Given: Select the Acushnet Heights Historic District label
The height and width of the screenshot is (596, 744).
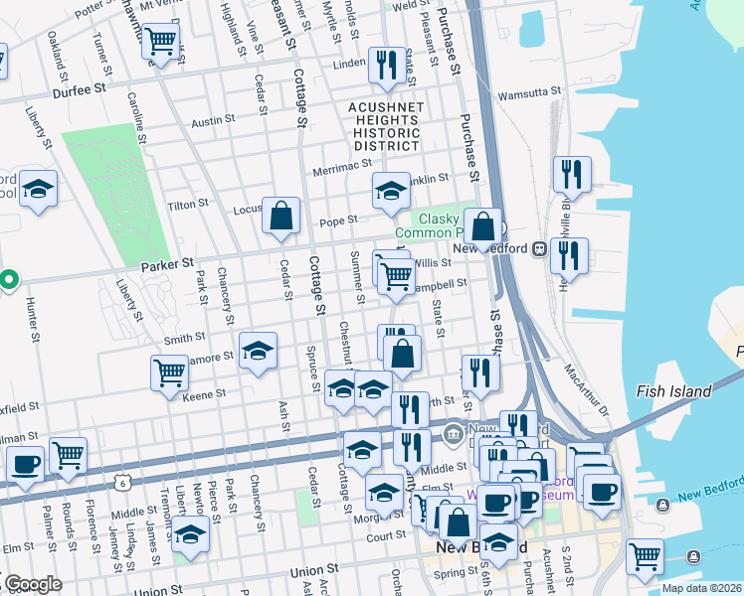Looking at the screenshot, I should (x=387, y=126).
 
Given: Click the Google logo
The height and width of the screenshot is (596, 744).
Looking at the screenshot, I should (x=32, y=585).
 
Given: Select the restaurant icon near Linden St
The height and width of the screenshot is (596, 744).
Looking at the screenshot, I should (x=385, y=65).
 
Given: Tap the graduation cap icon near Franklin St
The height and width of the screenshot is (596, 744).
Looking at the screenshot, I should (x=391, y=190).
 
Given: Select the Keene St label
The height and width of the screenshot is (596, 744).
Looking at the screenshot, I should (x=205, y=394).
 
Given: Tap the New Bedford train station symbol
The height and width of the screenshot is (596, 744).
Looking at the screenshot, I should (x=540, y=248).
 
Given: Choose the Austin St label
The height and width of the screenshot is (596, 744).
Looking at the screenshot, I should (x=213, y=119).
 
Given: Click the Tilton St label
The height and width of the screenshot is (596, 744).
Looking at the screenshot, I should (x=189, y=203).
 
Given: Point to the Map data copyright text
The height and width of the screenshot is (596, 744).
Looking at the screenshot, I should (x=699, y=588).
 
